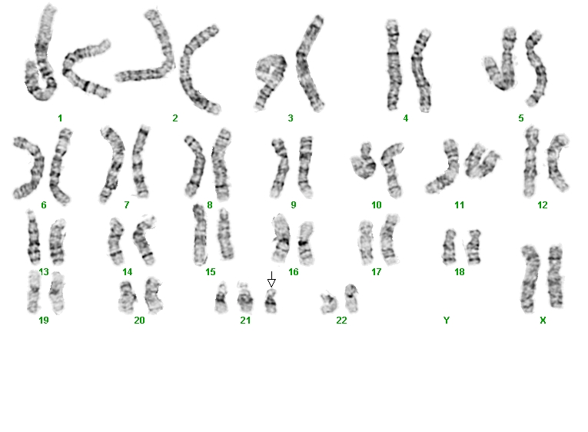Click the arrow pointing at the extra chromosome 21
(271, 279)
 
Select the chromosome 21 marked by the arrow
(271, 301)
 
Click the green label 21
(245, 321)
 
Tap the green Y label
(447, 321)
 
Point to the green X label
(543, 321)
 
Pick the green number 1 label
(60, 118)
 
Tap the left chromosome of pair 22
(329, 302)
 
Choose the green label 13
(44, 272)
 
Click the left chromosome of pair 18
(449, 247)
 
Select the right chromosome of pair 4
(421, 71)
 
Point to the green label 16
(294, 272)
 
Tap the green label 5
(521, 118)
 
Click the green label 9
(294, 205)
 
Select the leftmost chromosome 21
(221, 298)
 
